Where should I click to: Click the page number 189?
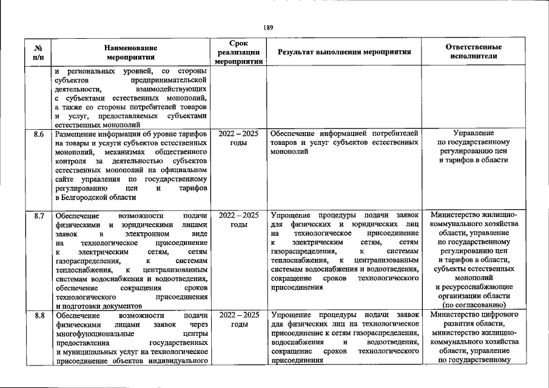[269, 27]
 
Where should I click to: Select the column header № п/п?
[38, 52]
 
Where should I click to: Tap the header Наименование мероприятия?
[130, 52]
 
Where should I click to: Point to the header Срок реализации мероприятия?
[238, 52]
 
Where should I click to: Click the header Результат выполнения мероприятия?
[345, 52]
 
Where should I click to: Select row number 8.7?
[38, 216]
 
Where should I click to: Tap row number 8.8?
[38, 315]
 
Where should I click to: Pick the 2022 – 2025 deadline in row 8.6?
[238, 133]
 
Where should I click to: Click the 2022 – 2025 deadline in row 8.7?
[238, 215]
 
